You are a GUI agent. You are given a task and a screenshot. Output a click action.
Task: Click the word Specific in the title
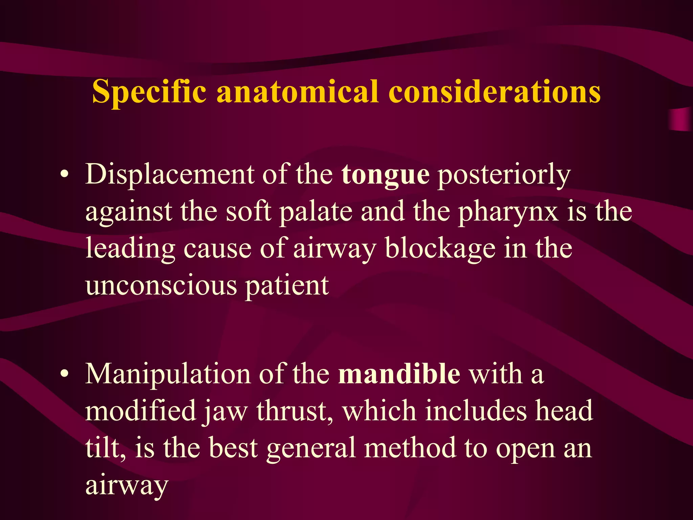149,92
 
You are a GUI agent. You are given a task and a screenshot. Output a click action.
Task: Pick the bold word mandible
399,374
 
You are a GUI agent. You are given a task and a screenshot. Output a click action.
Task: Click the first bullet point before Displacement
64,175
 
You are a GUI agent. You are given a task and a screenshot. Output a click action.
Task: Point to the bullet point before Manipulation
64,374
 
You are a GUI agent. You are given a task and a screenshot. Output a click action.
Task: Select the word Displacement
170,174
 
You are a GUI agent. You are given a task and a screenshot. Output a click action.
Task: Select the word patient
287,286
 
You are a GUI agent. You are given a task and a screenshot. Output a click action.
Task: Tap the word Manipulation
168,374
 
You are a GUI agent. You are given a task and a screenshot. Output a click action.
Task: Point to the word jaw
225,412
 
